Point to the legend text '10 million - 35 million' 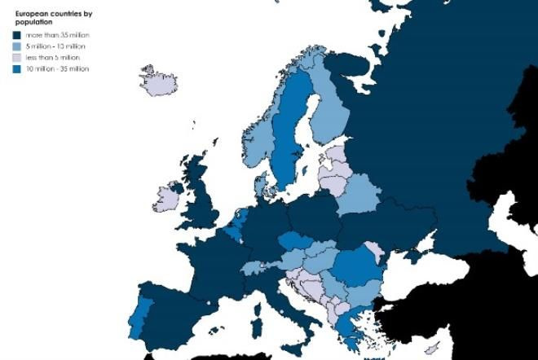coord(57,69)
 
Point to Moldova coord(374,252)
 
